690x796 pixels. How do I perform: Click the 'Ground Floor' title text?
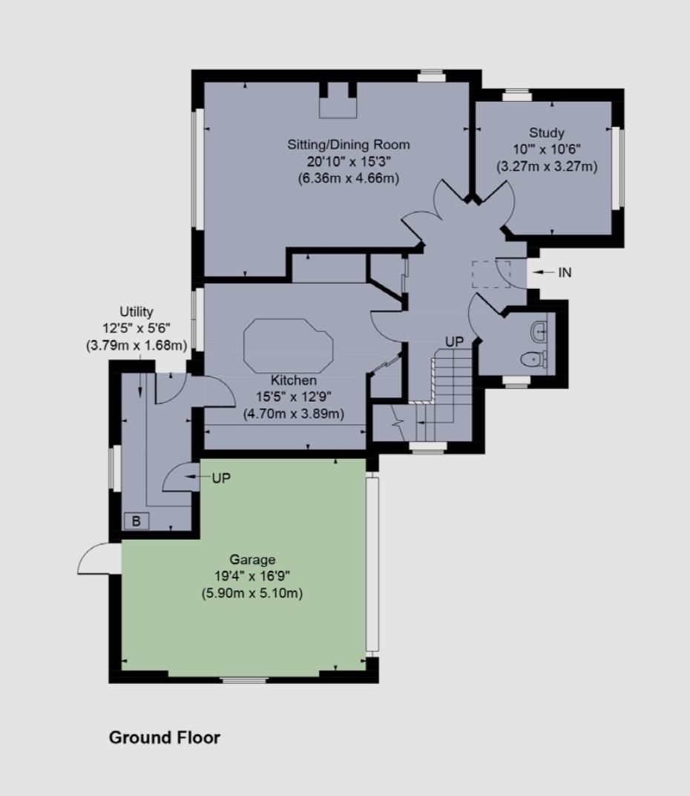[165, 737]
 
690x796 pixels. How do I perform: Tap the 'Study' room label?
[546, 134]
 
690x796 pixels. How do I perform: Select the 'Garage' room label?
[252, 560]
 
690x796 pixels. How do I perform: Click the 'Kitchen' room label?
[293, 380]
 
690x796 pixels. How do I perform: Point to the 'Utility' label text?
[137, 312]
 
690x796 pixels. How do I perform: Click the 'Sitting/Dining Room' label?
[349, 144]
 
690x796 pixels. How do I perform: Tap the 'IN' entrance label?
[565, 273]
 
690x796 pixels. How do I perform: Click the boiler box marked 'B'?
[137, 521]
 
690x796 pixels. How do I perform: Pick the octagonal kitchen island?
[289, 346]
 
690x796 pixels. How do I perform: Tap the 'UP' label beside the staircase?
[454, 342]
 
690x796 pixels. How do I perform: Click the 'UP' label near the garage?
[221, 479]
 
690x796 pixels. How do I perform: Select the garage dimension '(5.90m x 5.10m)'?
[252, 593]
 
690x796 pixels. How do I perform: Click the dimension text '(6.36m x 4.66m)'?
[349, 177]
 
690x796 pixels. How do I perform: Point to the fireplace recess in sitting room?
[338, 100]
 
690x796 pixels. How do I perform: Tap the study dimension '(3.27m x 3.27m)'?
[546, 166]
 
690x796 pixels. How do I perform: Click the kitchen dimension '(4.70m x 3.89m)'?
[293, 414]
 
